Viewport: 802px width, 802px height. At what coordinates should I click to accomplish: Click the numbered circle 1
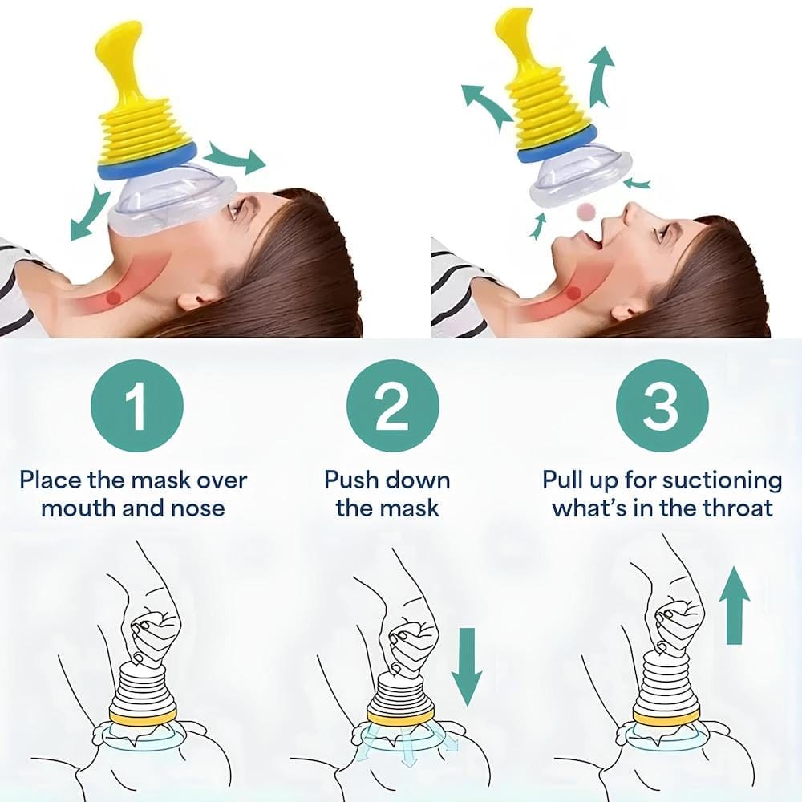137,406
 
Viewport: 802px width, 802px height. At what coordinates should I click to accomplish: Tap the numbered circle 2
393,406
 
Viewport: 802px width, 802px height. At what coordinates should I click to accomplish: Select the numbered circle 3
662,406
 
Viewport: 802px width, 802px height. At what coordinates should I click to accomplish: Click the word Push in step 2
353,480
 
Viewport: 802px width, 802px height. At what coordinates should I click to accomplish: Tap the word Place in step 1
51,480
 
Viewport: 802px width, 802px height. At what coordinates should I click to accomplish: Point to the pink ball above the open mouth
588,211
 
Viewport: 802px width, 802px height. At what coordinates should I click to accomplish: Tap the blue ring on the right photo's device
557,144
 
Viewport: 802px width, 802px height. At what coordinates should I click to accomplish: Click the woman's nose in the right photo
634,213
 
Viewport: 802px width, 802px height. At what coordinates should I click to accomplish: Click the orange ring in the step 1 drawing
143,716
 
